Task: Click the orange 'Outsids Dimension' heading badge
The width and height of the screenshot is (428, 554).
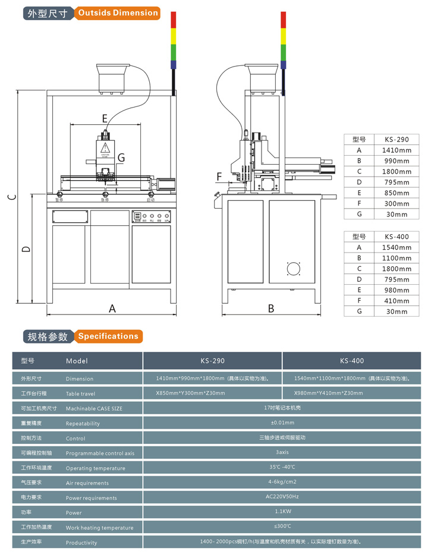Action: coord(118,13)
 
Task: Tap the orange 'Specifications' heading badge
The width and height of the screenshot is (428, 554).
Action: coord(108,336)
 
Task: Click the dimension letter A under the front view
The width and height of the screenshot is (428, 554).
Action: coord(112,308)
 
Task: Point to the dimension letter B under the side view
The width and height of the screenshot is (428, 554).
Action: coord(270,308)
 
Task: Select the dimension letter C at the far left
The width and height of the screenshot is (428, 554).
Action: coord(11,197)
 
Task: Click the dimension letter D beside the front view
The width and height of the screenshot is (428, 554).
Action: coord(26,249)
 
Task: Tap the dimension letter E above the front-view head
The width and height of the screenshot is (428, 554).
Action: coord(105,118)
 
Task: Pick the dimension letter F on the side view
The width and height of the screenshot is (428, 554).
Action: coord(219,176)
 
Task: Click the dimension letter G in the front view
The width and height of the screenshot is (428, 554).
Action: coord(121,158)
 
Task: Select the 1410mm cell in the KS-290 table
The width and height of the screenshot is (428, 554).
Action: coord(396,150)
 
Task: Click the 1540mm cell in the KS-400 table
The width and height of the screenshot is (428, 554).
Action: coord(396,247)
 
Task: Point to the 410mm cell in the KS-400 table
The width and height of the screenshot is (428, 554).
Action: coord(396,301)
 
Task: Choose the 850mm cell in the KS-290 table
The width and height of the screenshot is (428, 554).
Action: coord(396,193)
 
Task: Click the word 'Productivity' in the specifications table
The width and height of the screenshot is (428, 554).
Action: coord(81,542)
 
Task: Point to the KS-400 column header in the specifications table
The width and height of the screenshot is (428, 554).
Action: coord(352,360)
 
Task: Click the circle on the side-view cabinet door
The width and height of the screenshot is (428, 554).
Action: coord(294,269)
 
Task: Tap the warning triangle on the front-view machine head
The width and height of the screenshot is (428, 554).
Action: coord(105,147)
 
